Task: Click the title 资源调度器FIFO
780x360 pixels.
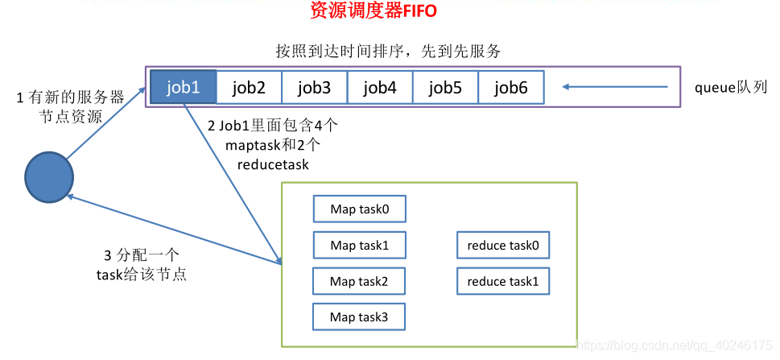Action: [x=373, y=11]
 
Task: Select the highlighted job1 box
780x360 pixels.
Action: [x=184, y=87]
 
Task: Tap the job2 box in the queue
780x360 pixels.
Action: [x=249, y=87]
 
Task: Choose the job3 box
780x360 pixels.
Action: [x=314, y=87]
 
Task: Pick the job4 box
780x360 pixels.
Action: [x=380, y=87]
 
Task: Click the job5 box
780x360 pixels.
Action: [x=445, y=87]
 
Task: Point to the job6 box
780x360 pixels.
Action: [x=510, y=87]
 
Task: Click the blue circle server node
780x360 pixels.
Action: [x=48, y=176]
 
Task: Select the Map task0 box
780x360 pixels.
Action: [x=359, y=209]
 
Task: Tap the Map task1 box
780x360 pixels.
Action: [x=359, y=246]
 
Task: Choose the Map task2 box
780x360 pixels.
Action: [x=359, y=281]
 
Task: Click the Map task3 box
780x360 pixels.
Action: [x=359, y=317]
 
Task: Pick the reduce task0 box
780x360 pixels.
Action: [x=502, y=246]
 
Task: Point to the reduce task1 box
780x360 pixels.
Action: [x=502, y=281]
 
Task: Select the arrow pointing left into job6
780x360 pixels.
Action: [x=616, y=87]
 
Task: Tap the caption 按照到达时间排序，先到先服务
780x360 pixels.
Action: [x=388, y=52]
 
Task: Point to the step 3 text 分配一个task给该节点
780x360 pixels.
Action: [x=141, y=265]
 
